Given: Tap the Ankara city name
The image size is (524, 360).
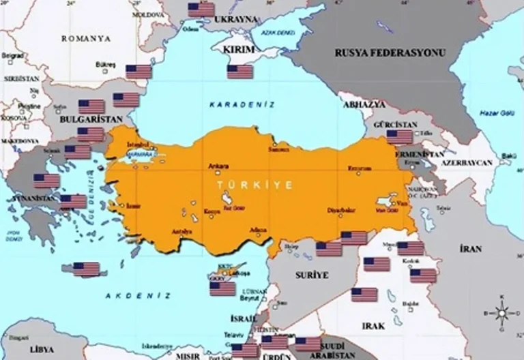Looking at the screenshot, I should coord(219,166).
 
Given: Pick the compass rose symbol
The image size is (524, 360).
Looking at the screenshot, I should coord(502,314).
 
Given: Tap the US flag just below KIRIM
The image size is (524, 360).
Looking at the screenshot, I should coord(240,72).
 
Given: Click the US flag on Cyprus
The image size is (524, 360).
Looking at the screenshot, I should coord(222,288).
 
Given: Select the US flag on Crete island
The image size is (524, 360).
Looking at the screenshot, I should coord(87,269).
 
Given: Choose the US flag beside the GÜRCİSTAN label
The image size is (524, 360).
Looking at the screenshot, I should coord(399,136).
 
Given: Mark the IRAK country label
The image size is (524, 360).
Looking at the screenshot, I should coord(375,326).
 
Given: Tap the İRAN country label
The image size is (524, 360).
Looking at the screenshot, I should coord(471,249).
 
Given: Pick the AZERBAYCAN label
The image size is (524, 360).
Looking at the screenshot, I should coord(467,164).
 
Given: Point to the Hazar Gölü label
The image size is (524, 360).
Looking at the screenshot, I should coord(494,112).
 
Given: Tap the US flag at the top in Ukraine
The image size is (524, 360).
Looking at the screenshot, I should coord(201,10).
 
